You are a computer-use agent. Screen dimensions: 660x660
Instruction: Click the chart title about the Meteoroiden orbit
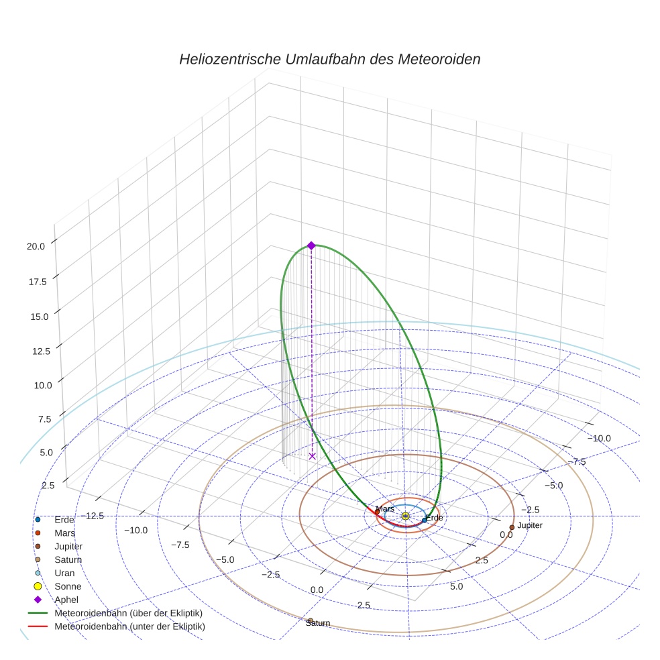click(329, 59)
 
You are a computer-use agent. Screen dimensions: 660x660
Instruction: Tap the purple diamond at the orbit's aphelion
click(311, 245)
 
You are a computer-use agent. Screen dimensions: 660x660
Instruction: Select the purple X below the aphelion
click(312, 456)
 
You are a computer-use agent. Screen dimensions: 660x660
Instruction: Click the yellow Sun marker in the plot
click(406, 516)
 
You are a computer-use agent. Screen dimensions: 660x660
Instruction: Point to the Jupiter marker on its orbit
click(512, 527)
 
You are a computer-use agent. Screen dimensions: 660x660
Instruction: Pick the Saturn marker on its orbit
click(310, 620)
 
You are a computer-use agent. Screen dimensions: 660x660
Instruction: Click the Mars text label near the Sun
click(385, 510)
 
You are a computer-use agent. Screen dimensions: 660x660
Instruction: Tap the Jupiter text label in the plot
click(530, 525)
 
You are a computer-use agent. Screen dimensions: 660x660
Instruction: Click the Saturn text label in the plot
click(318, 624)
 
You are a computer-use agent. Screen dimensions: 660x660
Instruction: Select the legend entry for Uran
click(64, 573)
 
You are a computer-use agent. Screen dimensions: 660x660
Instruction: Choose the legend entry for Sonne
click(68, 586)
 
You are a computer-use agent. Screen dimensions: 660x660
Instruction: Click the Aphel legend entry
click(67, 600)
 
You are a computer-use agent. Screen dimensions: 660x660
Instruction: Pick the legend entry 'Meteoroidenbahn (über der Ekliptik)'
click(128, 613)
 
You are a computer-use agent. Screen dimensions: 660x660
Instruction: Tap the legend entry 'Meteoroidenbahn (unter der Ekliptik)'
click(129, 626)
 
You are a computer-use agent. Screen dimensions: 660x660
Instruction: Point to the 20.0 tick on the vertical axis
click(36, 246)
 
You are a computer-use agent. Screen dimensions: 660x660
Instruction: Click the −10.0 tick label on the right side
click(599, 439)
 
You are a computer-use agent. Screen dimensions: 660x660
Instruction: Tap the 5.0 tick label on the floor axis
click(456, 586)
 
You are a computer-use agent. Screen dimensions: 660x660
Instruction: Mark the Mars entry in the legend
click(64, 533)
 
